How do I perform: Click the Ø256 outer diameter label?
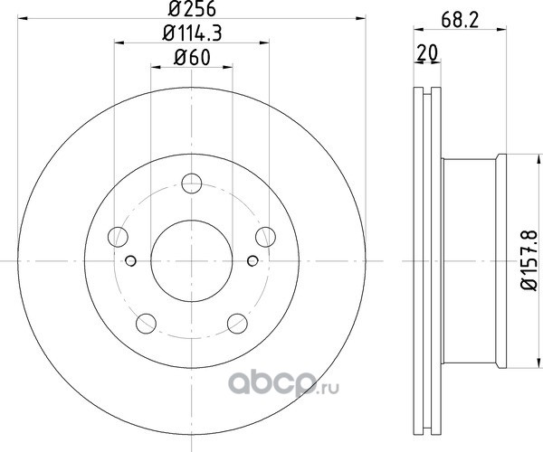click(192, 8)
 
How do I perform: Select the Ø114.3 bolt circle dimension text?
click(192, 33)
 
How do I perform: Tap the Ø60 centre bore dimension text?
click(192, 57)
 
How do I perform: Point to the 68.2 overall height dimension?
click(460, 21)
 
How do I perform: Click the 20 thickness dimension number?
click(427, 52)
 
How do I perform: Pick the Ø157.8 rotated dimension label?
click(529, 260)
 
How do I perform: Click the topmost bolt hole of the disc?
click(192, 184)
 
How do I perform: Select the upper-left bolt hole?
click(118, 237)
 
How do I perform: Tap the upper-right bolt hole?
click(265, 237)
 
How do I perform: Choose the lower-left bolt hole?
click(146, 324)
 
